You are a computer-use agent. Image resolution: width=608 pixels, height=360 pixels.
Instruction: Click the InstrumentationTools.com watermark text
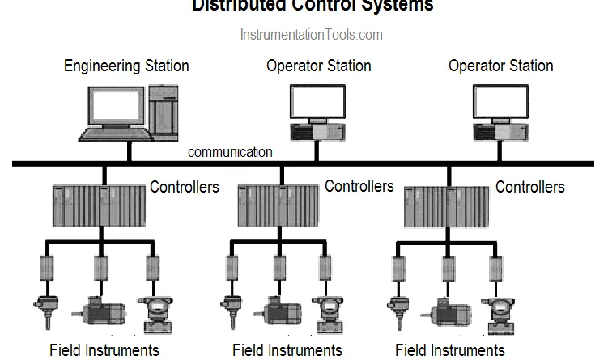click(311, 35)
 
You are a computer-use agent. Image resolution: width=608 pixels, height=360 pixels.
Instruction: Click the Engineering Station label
click(126, 66)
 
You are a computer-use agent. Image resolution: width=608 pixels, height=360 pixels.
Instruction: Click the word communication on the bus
click(230, 152)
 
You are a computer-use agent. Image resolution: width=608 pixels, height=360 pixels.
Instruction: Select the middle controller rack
click(279, 205)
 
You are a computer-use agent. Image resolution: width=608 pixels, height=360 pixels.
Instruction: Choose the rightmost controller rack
click(446, 206)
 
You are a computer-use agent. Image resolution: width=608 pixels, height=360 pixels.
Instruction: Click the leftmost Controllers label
click(185, 187)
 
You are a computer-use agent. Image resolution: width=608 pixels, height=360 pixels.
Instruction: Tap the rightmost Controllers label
click(530, 188)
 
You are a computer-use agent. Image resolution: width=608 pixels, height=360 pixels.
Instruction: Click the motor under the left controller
click(99, 310)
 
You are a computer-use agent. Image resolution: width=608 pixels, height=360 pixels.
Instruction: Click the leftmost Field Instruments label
click(104, 350)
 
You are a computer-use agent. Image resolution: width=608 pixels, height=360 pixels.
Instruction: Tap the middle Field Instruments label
click(287, 350)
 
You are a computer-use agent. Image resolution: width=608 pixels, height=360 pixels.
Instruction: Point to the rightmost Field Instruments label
click(450, 350)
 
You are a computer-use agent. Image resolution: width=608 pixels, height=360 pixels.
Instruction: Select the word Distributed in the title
click(235, 6)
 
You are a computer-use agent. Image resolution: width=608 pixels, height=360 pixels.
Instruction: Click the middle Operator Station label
click(319, 66)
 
